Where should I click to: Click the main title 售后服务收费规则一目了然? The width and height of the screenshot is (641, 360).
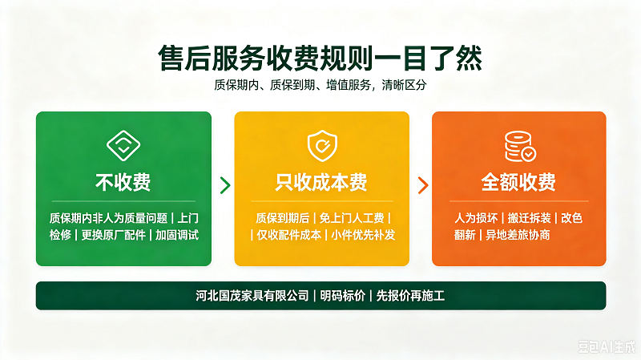coord(320,58)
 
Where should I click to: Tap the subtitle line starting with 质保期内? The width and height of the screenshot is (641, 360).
coord(320,85)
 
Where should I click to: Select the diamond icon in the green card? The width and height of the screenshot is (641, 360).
coord(123,146)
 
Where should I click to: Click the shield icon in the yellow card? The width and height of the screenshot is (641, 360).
coord(322,146)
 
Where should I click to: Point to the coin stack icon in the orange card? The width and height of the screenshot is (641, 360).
coord(520,146)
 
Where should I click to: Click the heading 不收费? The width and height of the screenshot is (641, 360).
coord(123,182)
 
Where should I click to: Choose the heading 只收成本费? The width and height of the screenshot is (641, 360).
coord(321,182)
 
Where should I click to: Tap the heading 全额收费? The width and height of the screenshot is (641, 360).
coord(518,182)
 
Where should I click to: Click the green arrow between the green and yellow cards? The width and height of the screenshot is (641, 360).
coord(225,185)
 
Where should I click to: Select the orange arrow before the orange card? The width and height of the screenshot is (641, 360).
coord(423,185)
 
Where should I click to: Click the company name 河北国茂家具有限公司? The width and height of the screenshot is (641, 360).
coord(252,296)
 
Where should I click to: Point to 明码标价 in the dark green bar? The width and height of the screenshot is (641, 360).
coord(343,296)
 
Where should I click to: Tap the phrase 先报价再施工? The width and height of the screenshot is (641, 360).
coord(410,296)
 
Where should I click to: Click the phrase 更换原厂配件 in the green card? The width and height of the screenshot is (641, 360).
coord(113,235)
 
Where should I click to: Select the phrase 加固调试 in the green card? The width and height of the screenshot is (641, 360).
coord(177,235)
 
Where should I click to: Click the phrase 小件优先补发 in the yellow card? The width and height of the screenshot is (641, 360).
coord(363,235)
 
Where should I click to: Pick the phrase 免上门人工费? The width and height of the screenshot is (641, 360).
coord(352,218)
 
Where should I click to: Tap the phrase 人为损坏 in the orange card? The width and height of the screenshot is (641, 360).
coord(476,218)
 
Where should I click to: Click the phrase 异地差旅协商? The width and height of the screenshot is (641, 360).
coord(518,235)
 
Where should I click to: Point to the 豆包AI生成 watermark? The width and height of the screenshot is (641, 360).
coord(607,347)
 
